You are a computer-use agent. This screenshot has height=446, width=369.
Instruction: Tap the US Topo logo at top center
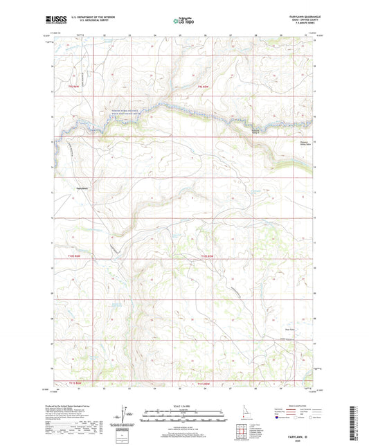[183, 21]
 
